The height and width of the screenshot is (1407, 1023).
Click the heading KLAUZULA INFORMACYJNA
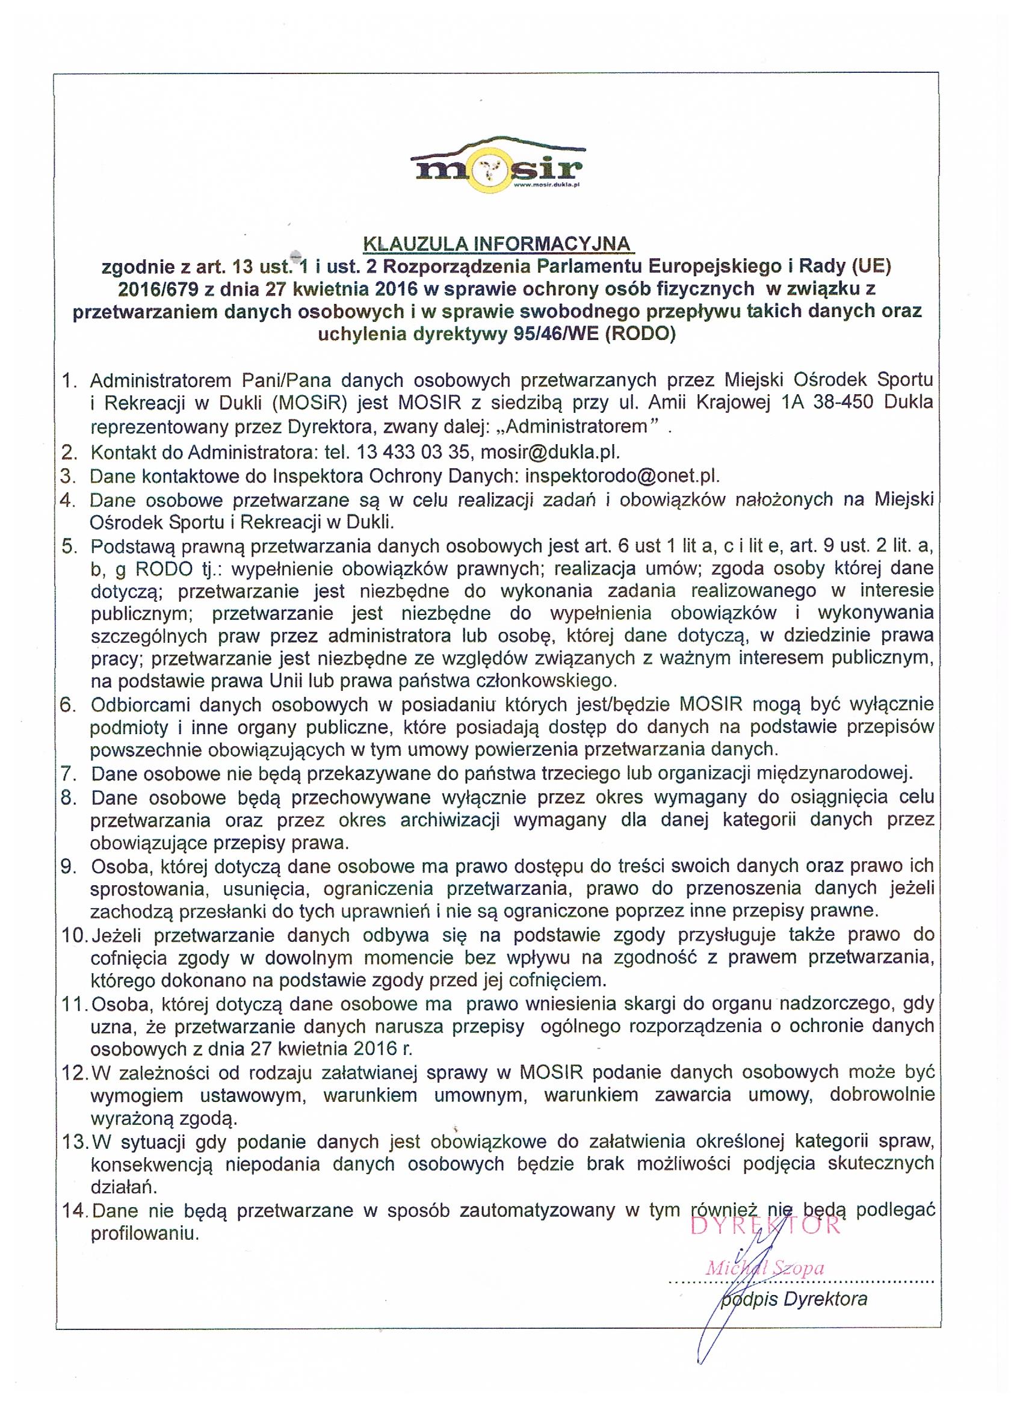tap(496, 243)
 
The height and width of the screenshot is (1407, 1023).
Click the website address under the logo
tap(546, 184)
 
